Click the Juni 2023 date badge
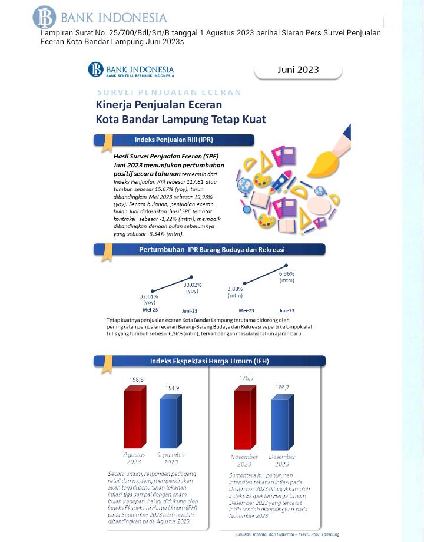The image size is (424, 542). coord(298,70)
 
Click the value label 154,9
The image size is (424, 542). coord(172,388)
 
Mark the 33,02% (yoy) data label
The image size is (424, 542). coord(192,287)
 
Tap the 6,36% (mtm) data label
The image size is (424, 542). coord(287,277)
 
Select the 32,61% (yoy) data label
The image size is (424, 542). coord(149,299)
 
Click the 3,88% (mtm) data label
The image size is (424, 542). coord(235,292)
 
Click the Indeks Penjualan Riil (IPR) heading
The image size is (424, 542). coord(174,140)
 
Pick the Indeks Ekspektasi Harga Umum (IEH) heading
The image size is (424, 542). coord(209,361)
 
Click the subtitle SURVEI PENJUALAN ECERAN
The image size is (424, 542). coord(169,92)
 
